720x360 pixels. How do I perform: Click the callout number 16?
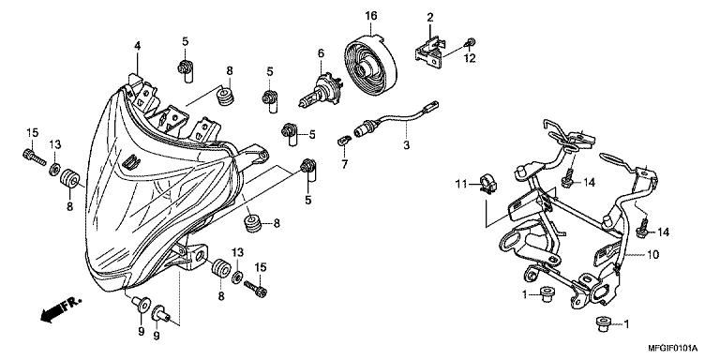pyautogui.click(x=371, y=16)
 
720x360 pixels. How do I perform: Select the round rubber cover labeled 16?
pyautogui.click(x=371, y=64)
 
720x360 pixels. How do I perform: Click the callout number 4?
pyautogui.click(x=137, y=46)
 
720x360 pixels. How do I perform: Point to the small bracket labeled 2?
pyautogui.click(x=430, y=52)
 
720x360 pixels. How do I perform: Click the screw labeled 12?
pyautogui.click(x=470, y=43)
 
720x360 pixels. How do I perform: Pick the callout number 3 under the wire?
pyautogui.click(x=406, y=145)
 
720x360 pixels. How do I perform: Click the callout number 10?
pyautogui.click(x=652, y=254)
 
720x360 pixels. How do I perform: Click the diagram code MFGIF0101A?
pyautogui.click(x=673, y=348)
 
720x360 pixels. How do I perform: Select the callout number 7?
pyautogui.click(x=345, y=164)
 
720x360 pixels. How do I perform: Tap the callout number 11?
pyautogui.click(x=460, y=185)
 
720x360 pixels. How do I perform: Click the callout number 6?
pyautogui.click(x=321, y=53)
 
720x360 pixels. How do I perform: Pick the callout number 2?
pyautogui.click(x=429, y=18)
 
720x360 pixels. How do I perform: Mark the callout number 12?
pyautogui.click(x=470, y=59)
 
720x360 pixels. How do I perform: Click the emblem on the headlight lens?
pyautogui.click(x=132, y=160)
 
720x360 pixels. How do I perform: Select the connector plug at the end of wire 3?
pyautogui.click(x=432, y=107)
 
